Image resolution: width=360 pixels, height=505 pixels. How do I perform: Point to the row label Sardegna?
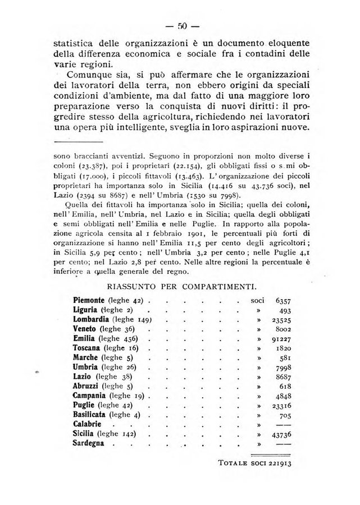(90, 444)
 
